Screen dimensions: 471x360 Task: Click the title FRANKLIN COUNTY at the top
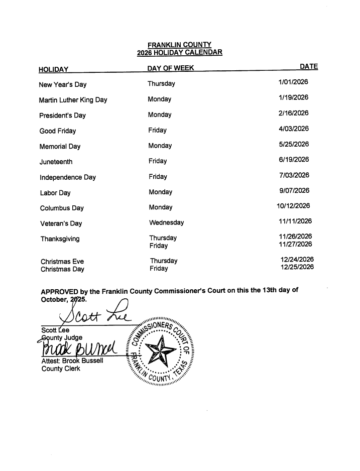[179, 44]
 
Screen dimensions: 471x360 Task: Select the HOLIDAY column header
[54, 69]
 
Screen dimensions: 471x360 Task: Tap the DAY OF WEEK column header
[171, 68]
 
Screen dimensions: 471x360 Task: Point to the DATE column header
[309, 66]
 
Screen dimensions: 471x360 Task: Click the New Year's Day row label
[63, 84]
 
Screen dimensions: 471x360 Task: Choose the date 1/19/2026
[293, 97]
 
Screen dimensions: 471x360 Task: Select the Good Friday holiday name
[58, 131]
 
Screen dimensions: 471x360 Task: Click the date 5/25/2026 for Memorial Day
[294, 144]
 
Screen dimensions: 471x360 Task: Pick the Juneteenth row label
[56, 162]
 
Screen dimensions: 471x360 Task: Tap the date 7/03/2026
[294, 175]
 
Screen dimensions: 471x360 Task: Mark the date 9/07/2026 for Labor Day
[294, 191]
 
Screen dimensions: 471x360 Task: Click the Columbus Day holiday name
[62, 208]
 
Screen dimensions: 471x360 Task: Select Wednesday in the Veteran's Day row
[167, 222]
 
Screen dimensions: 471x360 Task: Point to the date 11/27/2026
[295, 244]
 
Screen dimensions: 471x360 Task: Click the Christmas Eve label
[62, 261]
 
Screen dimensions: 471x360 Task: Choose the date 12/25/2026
[297, 267]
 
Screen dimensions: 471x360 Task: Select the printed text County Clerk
[62, 369]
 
